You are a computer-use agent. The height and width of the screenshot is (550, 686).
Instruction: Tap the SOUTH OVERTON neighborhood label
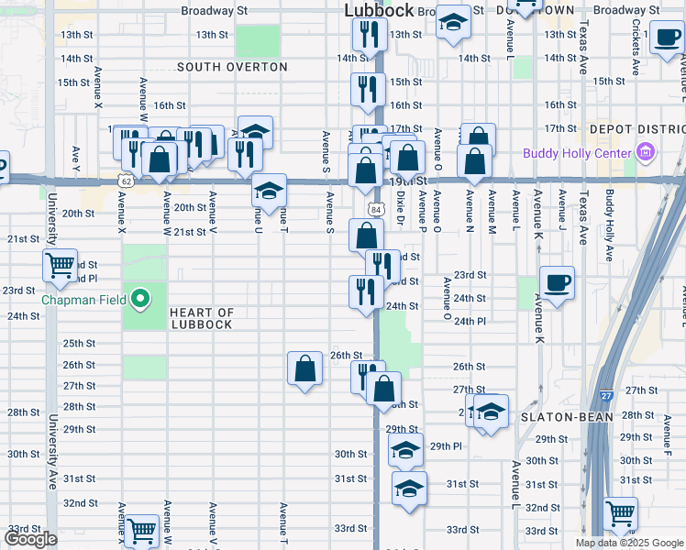(x=232, y=68)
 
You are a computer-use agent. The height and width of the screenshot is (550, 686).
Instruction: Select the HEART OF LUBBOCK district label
(x=201, y=319)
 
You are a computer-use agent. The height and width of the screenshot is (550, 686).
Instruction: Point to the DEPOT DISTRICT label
(x=636, y=129)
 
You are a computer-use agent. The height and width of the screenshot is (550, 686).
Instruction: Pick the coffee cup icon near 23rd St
(x=557, y=281)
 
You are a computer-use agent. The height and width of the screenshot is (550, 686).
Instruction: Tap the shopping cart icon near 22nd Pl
(x=60, y=265)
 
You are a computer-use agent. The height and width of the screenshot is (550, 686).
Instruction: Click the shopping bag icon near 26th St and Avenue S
(x=304, y=368)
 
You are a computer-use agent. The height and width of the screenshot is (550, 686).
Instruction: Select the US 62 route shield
(x=126, y=181)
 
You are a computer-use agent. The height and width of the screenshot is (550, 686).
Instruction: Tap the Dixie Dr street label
(x=400, y=208)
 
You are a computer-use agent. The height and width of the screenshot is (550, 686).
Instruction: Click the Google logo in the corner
(x=30, y=539)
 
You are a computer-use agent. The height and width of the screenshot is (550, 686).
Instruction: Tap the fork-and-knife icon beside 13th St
(x=366, y=35)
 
